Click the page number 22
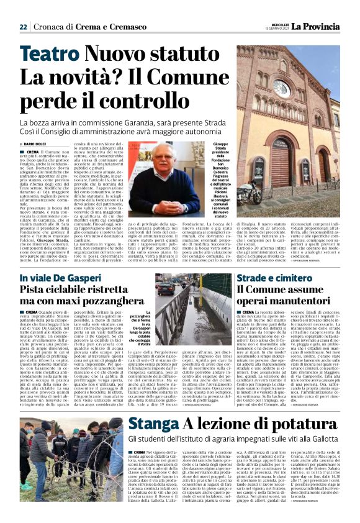pos(24,27)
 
